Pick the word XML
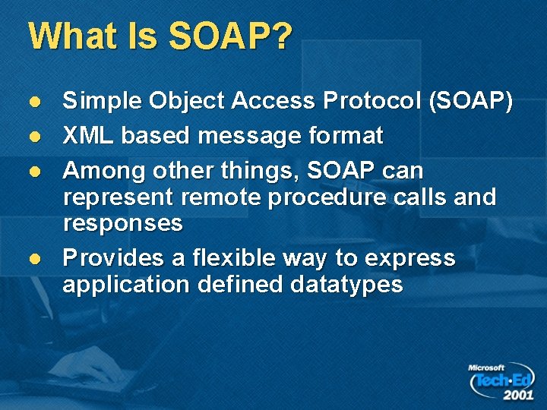(x=88, y=136)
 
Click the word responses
(x=123, y=223)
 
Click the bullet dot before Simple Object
(x=33, y=102)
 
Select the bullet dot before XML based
(x=33, y=137)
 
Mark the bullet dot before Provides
(x=33, y=259)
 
